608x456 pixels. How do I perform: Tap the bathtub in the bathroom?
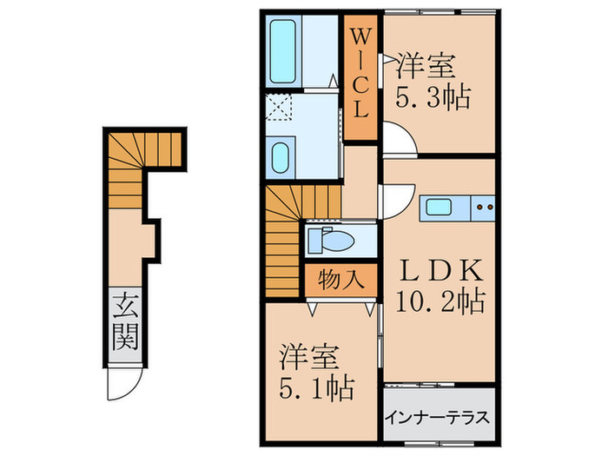pyautogui.click(x=283, y=50)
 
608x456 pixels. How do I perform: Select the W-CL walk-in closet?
pyautogui.click(x=360, y=76)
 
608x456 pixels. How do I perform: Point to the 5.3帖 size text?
pyautogui.click(x=433, y=95)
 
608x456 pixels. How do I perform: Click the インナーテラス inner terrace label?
pyautogui.click(x=438, y=415)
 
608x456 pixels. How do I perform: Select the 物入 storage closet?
pyautogui.click(x=340, y=280)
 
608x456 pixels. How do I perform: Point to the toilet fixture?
pyautogui.click(x=334, y=240)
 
